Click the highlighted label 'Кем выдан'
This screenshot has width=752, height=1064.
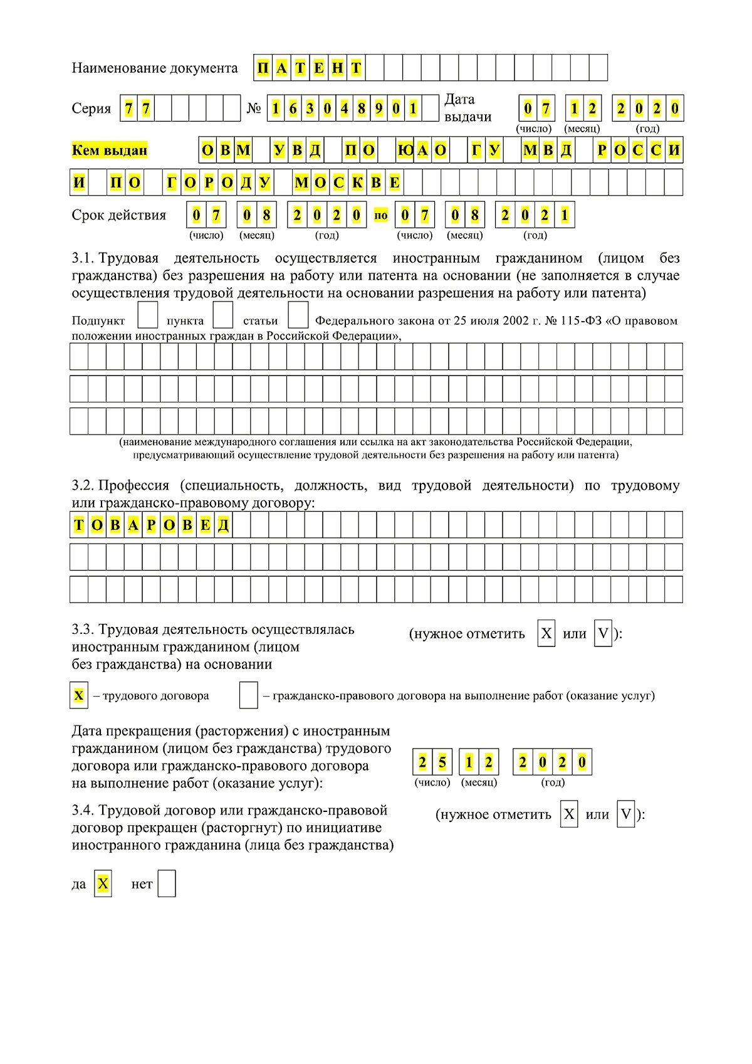pyautogui.click(x=110, y=150)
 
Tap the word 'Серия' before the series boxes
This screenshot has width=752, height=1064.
pyautogui.click(x=91, y=108)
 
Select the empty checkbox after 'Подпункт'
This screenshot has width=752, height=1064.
pyautogui.click(x=147, y=315)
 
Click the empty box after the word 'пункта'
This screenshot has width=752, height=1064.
pyautogui.click(x=223, y=315)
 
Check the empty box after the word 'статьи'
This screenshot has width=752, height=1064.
pyautogui.click(x=298, y=315)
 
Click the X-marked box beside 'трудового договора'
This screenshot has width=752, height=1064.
pyautogui.click(x=79, y=695)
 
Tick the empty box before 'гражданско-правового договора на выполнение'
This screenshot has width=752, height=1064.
pyautogui.click(x=249, y=695)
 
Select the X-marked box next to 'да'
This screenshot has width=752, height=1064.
pyautogui.click(x=103, y=884)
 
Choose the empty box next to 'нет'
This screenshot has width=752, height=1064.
pyautogui.click(x=167, y=884)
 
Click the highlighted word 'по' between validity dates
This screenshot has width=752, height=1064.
pyautogui.click(x=381, y=216)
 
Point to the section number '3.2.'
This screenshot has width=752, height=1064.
pyautogui.click(x=83, y=485)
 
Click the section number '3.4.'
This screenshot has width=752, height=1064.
pyautogui.click(x=83, y=811)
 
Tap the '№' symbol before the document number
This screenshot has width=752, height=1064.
pyautogui.click(x=254, y=108)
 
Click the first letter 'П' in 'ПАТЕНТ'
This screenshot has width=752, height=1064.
pyautogui.click(x=263, y=68)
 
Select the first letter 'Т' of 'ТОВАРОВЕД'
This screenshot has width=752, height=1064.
pyautogui.click(x=79, y=525)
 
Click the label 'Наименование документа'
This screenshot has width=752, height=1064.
pyautogui.click(x=155, y=68)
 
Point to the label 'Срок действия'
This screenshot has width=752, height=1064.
pyautogui.click(x=119, y=215)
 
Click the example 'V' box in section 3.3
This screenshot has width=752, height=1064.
pyautogui.click(x=603, y=634)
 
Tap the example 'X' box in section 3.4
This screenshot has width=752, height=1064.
pyautogui.click(x=569, y=814)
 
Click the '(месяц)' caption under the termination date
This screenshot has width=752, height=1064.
pyautogui.click(x=479, y=782)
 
